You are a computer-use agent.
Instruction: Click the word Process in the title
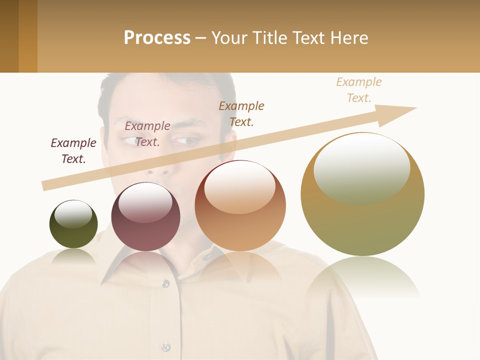157,38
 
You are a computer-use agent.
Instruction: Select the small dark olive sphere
73,224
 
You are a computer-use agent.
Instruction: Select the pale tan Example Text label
359,90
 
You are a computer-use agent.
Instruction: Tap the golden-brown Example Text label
241,114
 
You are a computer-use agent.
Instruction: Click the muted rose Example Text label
147,134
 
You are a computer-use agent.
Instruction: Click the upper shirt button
165,283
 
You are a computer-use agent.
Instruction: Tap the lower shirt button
166,347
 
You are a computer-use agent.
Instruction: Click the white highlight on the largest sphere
361,167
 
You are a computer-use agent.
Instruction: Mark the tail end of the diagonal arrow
45,186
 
